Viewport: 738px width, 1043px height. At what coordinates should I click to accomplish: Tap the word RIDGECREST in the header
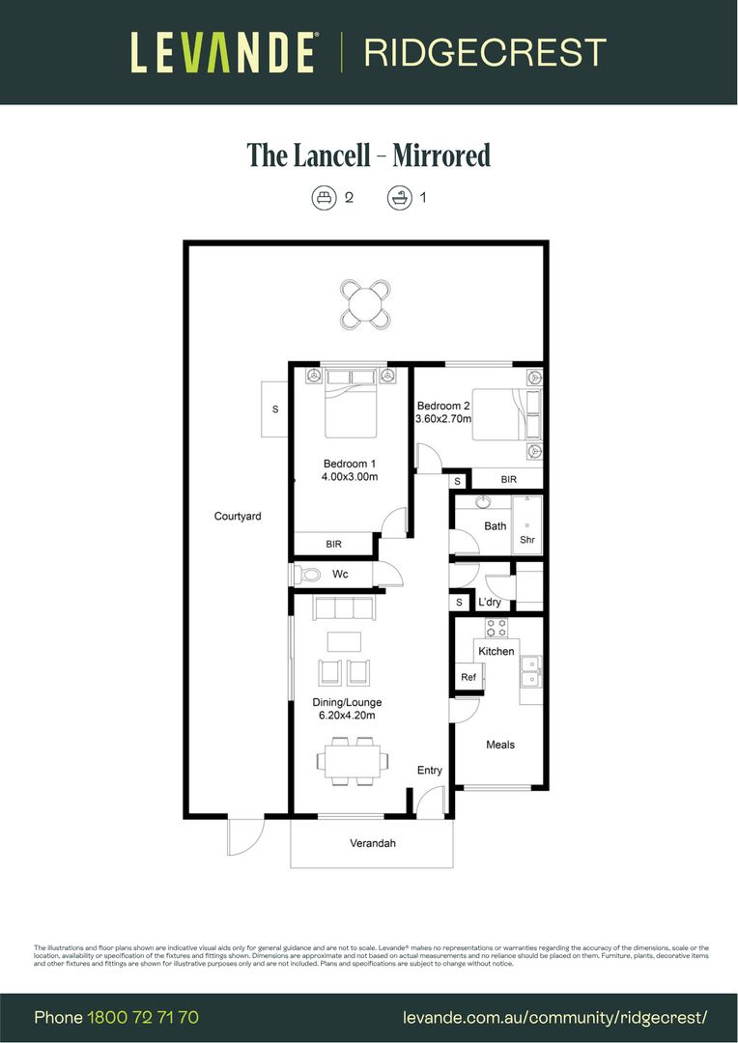485,52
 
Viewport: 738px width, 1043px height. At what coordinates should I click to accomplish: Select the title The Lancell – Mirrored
369,155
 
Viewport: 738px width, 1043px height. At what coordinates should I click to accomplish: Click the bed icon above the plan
323,198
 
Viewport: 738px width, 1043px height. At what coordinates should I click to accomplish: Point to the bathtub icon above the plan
398,198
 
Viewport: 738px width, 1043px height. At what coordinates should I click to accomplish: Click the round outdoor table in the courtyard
366,305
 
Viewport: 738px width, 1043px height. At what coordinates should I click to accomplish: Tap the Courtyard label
238,517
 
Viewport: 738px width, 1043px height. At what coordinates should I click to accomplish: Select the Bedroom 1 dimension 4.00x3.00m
350,477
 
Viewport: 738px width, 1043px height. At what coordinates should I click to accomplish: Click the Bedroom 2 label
443,406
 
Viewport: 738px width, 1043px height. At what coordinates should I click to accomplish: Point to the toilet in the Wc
308,575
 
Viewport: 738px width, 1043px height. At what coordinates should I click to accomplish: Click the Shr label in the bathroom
527,540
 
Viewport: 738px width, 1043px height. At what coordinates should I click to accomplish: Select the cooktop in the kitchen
497,628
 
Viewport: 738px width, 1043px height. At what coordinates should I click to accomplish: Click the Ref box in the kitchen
468,678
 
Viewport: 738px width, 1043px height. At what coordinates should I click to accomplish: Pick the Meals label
500,745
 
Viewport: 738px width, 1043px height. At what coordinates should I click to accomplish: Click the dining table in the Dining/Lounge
352,759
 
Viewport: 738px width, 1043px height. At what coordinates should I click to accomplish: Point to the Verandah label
373,843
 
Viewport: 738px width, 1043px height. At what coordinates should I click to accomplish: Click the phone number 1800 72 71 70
143,1017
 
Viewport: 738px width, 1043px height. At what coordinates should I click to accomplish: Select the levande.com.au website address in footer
555,1017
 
